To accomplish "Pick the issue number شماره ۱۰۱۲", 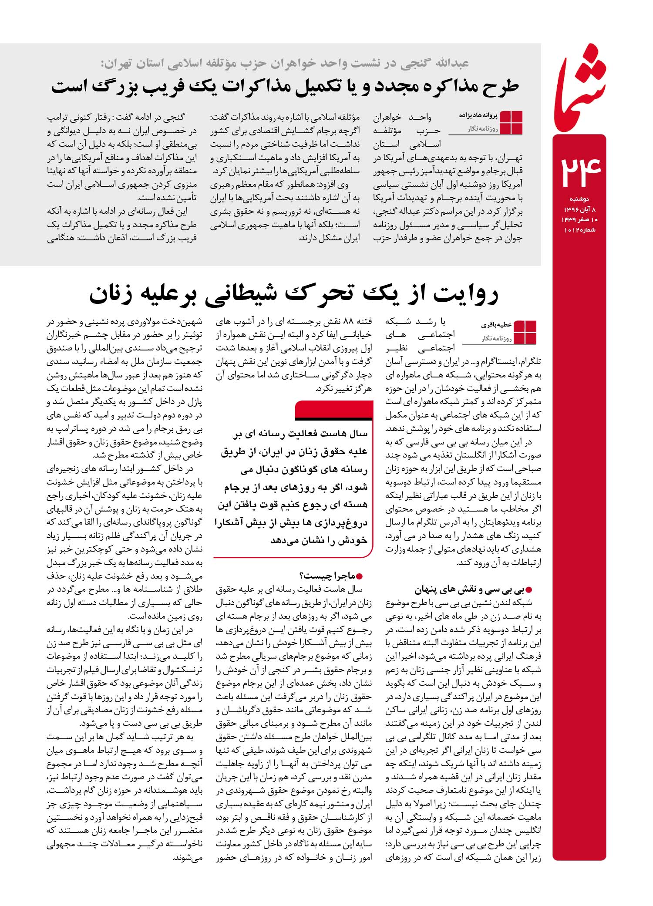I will [580, 229].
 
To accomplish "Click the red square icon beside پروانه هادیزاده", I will [511, 123].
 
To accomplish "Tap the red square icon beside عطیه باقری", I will [525, 332].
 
